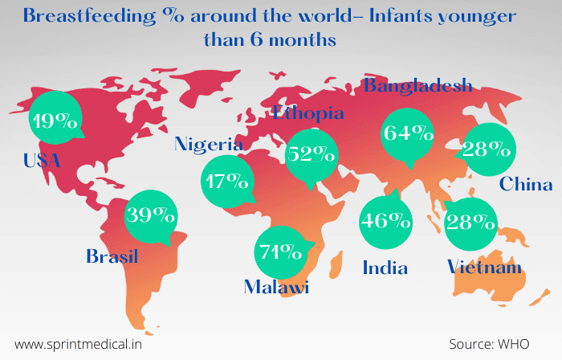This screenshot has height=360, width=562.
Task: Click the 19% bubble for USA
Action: (55, 121)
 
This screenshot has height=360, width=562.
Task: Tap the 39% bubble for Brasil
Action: (152, 215)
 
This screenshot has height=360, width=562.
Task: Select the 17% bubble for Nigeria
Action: (226, 182)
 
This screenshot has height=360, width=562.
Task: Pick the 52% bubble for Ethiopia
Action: (311, 154)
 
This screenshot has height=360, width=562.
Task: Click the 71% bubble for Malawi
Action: (280, 251)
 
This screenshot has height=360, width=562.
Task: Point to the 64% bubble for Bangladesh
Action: (407, 134)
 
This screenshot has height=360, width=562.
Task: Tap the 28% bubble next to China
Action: (490, 149)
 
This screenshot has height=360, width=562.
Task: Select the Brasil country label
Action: (112, 256)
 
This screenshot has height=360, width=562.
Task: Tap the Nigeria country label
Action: (209, 144)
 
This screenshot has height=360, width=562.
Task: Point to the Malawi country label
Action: (277, 288)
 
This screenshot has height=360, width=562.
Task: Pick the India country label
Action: (385, 268)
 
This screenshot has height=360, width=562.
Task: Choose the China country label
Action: (526, 184)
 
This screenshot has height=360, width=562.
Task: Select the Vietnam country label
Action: (484, 267)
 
